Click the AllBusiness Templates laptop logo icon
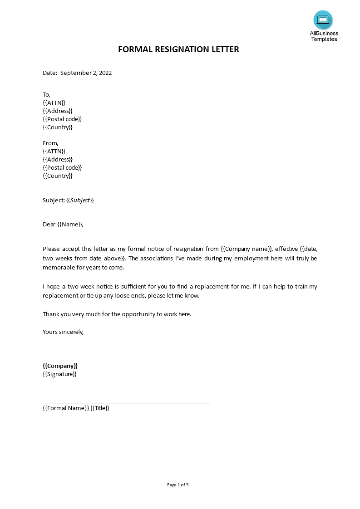[x=323, y=20]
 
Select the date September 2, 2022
[x=86, y=73]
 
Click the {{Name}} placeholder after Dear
[x=70, y=224]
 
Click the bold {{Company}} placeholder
[x=60, y=366]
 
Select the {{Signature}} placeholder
[x=59, y=374]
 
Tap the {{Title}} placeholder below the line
[x=100, y=408]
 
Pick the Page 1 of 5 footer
[x=178, y=485]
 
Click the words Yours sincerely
[x=63, y=332]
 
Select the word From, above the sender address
[x=50, y=143]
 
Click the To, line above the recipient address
[x=46, y=94]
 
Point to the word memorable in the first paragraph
[x=58, y=267]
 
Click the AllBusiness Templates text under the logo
[x=324, y=36]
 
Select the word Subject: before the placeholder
[x=54, y=200]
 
